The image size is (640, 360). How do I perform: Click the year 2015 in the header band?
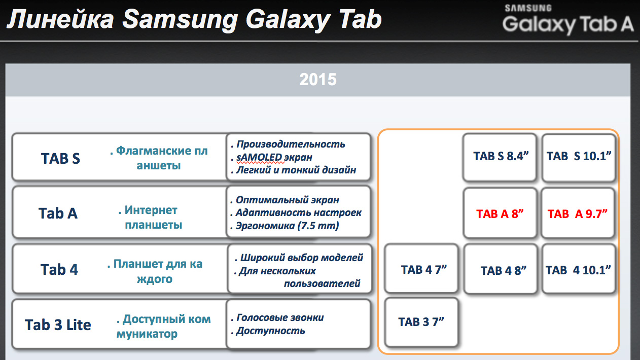(317, 80)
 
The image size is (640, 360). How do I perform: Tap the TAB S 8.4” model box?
(500, 157)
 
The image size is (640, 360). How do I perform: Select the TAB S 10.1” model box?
(579, 157)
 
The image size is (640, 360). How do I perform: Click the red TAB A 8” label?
(500, 213)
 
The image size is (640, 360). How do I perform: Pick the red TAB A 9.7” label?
(577, 213)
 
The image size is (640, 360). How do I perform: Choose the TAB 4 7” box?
(421, 269)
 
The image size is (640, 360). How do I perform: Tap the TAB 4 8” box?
(501, 269)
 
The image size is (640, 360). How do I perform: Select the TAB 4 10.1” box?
(579, 269)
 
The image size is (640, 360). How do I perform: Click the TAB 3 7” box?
(421, 322)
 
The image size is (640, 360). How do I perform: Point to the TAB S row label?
(60, 158)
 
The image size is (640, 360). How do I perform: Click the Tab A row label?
(58, 213)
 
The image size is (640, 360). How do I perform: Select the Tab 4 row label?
(59, 269)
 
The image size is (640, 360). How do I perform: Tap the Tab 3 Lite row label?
(58, 325)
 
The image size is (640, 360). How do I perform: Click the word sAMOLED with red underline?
(259, 157)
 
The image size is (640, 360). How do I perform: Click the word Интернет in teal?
(151, 210)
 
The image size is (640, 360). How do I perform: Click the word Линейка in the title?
(60, 19)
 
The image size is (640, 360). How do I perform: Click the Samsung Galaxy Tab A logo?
(567, 20)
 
